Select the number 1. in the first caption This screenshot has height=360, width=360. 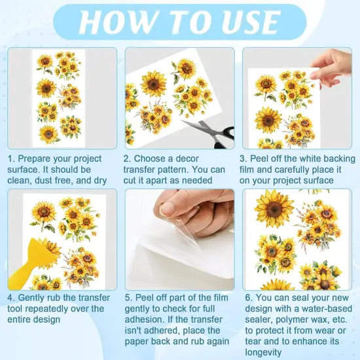pyautogui.click(x=11, y=159)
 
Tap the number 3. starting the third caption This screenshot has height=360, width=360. pyautogui.click(x=246, y=159)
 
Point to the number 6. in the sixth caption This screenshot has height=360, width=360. pyautogui.click(x=246, y=298)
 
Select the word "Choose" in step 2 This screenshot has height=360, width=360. pyautogui.click(x=156, y=159)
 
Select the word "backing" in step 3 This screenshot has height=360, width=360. pyautogui.click(x=338, y=159)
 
